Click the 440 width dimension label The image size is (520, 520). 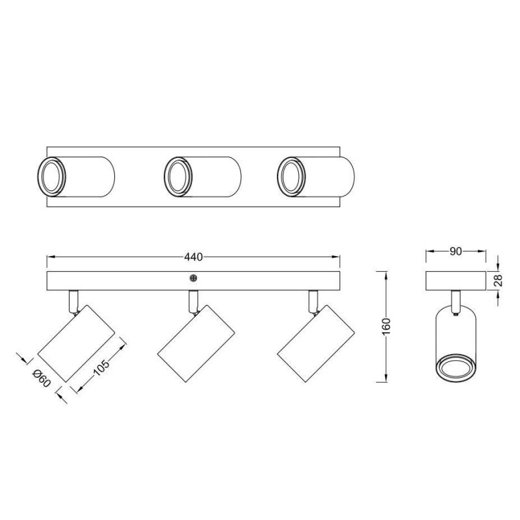pos(192,257)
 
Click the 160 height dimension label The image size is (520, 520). pos(386,326)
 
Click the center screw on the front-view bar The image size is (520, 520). pos(193,278)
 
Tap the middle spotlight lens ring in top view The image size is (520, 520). pos(176,176)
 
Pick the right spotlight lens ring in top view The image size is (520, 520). pos(291,176)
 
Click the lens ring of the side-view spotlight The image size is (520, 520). pos(455,368)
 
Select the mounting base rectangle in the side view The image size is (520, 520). pos(456,281)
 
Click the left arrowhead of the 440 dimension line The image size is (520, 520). pos(49,258)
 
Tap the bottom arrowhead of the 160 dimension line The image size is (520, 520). pos(386,379)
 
